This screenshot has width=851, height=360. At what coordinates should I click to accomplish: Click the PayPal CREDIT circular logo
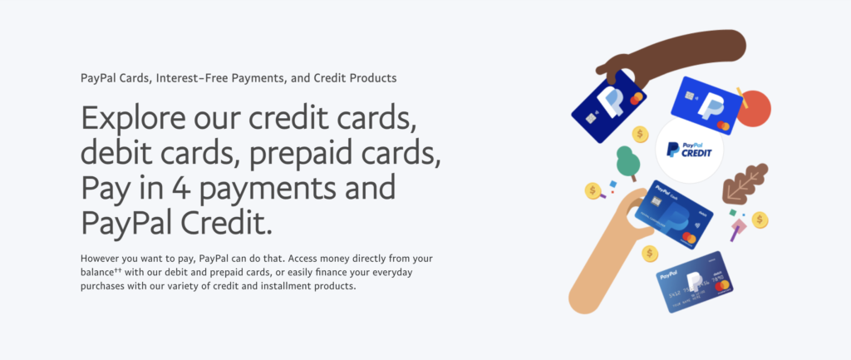pyautogui.click(x=689, y=150)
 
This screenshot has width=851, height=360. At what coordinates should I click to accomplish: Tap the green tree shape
pyautogui.click(x=627, y=162)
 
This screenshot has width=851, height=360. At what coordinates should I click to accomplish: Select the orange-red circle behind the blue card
pyautogui.click(x=754, y=109)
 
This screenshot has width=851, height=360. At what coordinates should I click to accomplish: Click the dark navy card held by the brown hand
pyautogui.click(x=608, y=106)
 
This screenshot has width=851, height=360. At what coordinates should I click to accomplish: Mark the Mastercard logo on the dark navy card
pyautogui.click(x=636, y=98)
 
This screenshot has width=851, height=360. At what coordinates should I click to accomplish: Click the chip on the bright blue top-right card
pyautogui.click(x=690, y=96)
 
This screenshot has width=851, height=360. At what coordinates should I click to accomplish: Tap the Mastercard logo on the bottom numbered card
pyautogui.click(x=721, y=286)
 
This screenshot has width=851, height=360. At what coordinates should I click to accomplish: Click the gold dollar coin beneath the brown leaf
pyautogui.click(x=760, y=220)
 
